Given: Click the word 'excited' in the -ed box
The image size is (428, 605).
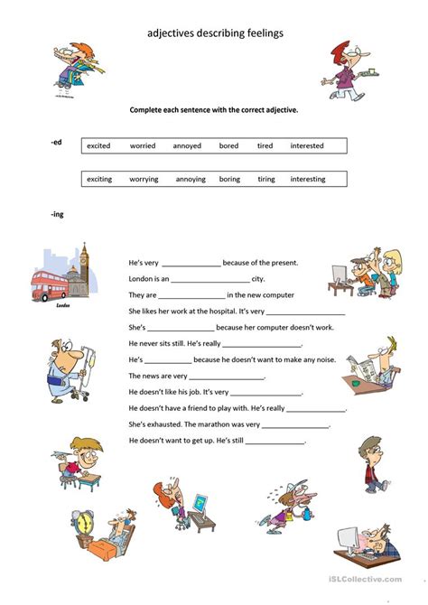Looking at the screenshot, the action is tap(99, 145).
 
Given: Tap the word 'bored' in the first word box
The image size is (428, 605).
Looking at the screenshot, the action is tap(229, 145).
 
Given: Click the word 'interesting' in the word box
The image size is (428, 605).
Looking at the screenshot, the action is tap(307, 179).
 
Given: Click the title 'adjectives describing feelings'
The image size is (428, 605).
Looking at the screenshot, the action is tap(215, 33).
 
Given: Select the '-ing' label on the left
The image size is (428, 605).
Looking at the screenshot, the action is tap(59, 213).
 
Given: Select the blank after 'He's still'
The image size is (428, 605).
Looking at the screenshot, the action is tap(274, 441).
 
